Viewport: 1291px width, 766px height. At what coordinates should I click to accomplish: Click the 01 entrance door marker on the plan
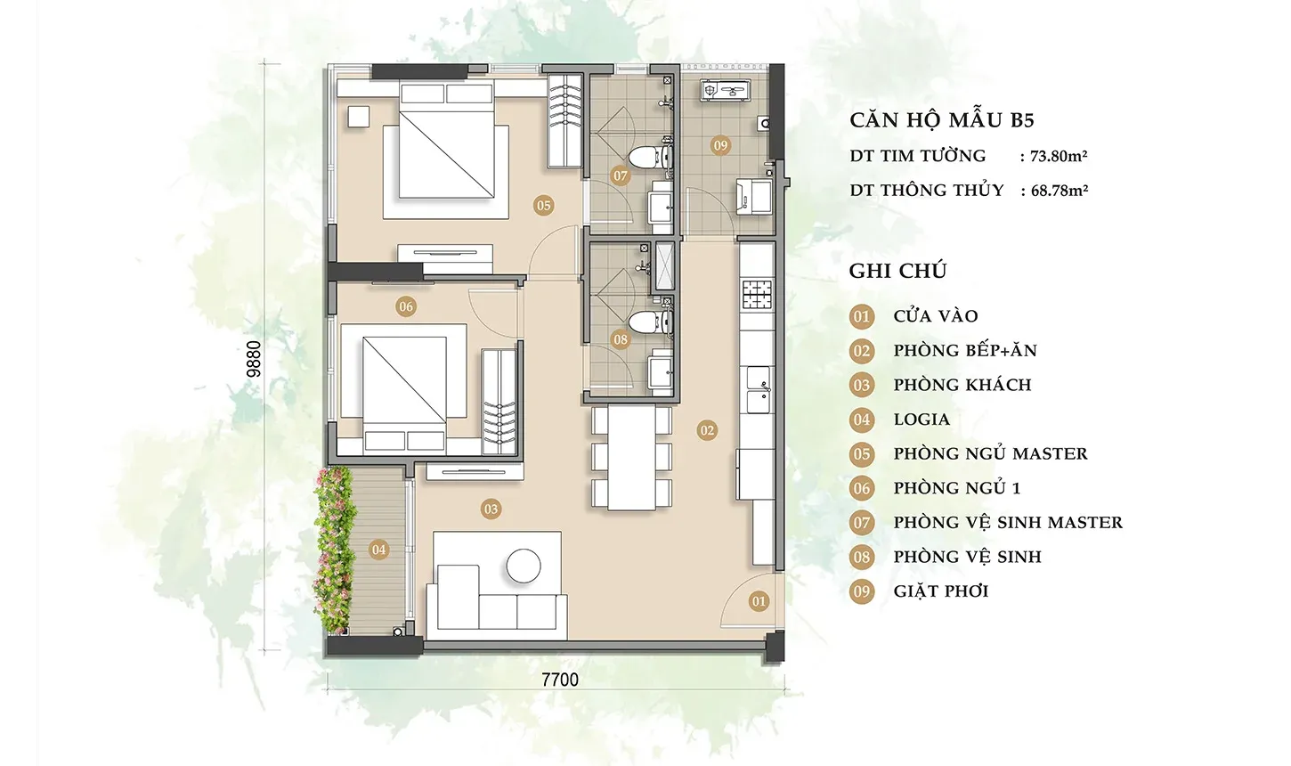(x=759, y=602)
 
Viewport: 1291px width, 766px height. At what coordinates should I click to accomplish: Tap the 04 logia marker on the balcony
(x=378, y=550)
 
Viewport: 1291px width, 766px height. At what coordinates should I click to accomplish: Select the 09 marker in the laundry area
(x=720, y=145)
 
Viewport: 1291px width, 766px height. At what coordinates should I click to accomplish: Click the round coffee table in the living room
(x=524, y=566)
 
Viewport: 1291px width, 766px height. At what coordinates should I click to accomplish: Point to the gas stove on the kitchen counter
(x=757, y=295)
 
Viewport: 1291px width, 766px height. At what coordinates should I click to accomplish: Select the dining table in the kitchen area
(x=631, y=458)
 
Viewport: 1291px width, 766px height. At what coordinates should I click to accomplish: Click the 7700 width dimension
(x=560, y=680)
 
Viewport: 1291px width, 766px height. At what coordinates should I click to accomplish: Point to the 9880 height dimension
(x=254, y=359)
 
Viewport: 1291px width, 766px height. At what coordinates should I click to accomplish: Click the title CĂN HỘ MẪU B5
(x=942, y=120)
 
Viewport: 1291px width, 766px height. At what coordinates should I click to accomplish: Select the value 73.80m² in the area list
(x=1059, y=156)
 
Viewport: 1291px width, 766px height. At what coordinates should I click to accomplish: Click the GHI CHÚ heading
(x=897, y=271)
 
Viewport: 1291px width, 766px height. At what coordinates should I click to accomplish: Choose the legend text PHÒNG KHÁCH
(x=962, y=385)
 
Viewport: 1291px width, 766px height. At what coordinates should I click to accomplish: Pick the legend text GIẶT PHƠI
(x=941, y=591)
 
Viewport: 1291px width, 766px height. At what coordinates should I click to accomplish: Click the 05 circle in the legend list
(x=862, y=454)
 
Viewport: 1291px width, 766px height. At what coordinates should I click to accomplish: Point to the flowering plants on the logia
(x=333, y=550)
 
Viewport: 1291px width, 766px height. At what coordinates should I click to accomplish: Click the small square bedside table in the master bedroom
(x=359, y=117)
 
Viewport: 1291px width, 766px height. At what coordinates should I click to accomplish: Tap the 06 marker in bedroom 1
(x=406, y=306)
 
